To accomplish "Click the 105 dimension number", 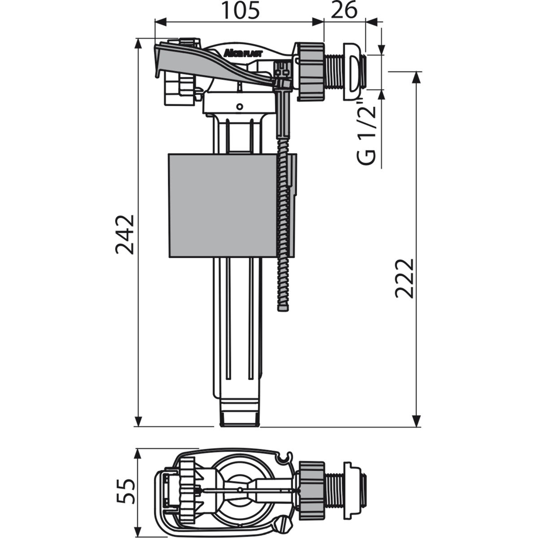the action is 240,11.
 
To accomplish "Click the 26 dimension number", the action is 344,11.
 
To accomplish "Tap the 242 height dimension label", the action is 125,234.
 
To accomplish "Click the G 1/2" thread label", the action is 366,132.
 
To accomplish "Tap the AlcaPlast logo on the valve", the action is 243,53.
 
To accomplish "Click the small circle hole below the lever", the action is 239,106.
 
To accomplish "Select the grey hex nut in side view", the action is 310,71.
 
